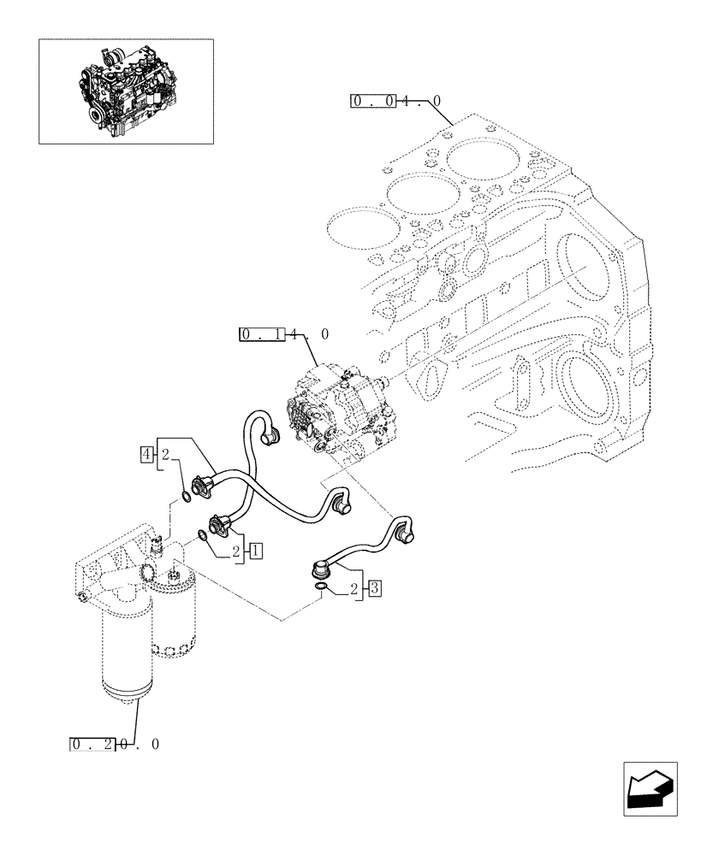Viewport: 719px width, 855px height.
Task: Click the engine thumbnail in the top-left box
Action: pyautogui.click(x=126, y=90)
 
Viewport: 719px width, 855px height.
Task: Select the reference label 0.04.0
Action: pyautogui.click(x=395, y=102)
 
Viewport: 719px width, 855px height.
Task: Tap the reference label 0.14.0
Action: pyautogui.click(x=283, y=334)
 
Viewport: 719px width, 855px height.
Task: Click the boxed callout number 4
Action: pyautogui.click(x=148, y=453)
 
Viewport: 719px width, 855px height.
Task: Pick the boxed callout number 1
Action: pyautogui.click(x=255, y=551)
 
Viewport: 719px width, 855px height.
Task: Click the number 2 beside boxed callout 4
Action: pyautogui.click(x=165, y=453)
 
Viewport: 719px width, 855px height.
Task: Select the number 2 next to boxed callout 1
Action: pyautogui.click(x=236, y=551)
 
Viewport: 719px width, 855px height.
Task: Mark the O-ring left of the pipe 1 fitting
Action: pyautogui.click(x=201, y=536)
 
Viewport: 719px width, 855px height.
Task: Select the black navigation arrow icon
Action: pyautogui.click(x=649, y=789)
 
